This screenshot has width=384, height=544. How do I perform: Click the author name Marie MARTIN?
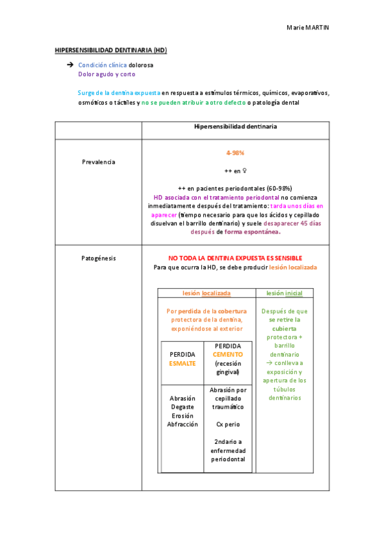tap(307, 28)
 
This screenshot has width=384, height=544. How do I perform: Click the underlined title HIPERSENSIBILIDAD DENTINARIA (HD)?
tap(111, 50)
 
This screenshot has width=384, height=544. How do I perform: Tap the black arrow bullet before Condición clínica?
tap(70, 65)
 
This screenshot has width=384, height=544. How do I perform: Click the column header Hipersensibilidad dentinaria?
tap(235, 127)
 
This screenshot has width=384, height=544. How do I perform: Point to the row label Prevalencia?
tap(99, 162)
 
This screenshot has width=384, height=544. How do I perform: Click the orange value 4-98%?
tap(235, 153)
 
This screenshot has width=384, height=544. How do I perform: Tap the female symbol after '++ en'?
tap(245, 172)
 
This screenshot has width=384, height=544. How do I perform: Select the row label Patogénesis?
tap(99, 258)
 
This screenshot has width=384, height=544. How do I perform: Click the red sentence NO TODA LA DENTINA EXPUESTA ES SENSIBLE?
tap(235, 258)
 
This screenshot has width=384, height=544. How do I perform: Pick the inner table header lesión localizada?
tap(206, 293)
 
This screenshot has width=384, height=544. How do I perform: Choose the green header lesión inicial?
tap(285, 293)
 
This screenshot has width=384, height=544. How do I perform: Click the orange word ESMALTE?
tap(182, 363)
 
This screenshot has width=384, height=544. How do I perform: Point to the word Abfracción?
tap(182, 425)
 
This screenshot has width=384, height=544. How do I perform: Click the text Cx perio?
tap(228, 424)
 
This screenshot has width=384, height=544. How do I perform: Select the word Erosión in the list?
tap(182, 416)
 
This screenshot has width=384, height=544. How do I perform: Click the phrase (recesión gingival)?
tap(228, 368)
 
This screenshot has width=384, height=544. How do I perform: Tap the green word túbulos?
tap(285, 389)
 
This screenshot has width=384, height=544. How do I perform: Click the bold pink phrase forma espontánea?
tap(249, 232)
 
